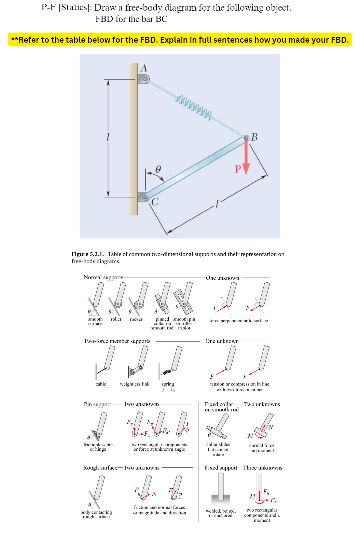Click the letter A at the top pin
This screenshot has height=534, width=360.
tap(144, 68)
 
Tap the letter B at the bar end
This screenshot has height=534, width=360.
tap(254, 137)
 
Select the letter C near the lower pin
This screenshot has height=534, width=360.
tap(155, 202)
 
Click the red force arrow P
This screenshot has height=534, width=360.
tap(246, 157)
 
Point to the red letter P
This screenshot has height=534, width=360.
tap(238, 169)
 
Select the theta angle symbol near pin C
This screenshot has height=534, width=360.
tap(158, 169)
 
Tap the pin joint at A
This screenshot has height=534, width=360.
tap(145, 79)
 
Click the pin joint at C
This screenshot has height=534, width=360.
tap(145, 197)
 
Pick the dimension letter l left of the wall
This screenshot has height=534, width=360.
tap(108, 137)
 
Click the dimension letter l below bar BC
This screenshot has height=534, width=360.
tap(217, 204)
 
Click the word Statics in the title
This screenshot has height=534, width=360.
tap(74, 8)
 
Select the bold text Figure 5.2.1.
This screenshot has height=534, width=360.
tap(87, 254)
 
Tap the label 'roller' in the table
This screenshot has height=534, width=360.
tap(116, 319)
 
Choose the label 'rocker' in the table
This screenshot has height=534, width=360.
tap(136, 319)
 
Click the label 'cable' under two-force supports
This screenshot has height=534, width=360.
tap(101, 384)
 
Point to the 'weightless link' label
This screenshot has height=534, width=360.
tap(135, 384)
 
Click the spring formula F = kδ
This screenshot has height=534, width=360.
tap(168, 390)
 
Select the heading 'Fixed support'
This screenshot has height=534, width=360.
tap(221, 468)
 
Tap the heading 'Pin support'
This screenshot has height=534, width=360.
tap(97, 404)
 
